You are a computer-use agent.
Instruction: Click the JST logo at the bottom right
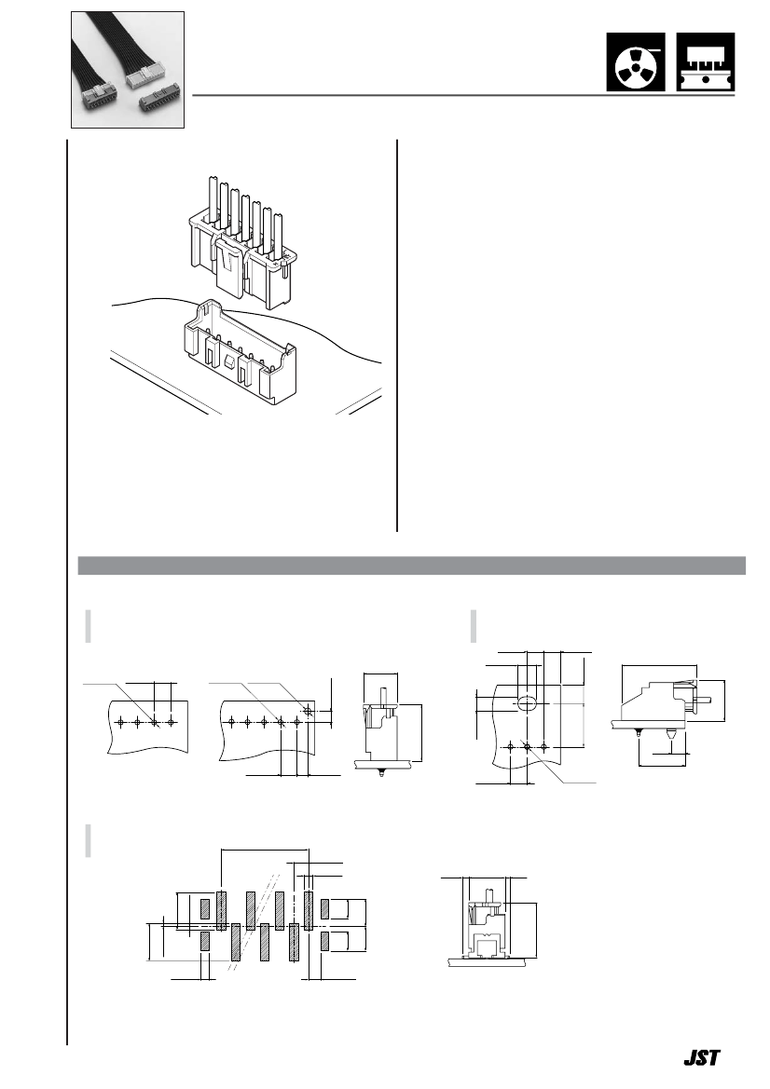[702, 1057]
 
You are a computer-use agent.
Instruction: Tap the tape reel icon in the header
[636, 61]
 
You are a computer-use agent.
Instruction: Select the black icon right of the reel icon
[706, 61]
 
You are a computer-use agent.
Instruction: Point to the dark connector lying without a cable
[159, 98]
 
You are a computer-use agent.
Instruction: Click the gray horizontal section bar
[411, 565]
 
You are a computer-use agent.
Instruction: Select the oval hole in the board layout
[527, 704]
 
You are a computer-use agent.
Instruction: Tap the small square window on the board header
[228, 362]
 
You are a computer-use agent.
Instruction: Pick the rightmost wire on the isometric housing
[278, 236]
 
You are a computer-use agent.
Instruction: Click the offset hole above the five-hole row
[308, 711]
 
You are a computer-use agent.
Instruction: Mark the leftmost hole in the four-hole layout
[121, 722]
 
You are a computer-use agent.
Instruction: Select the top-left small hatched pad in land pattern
[205, 908]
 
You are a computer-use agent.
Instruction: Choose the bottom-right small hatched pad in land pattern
[324, 942]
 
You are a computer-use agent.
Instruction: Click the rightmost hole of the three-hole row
[543, 746]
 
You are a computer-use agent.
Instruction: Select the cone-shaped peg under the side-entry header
[670, 733]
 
